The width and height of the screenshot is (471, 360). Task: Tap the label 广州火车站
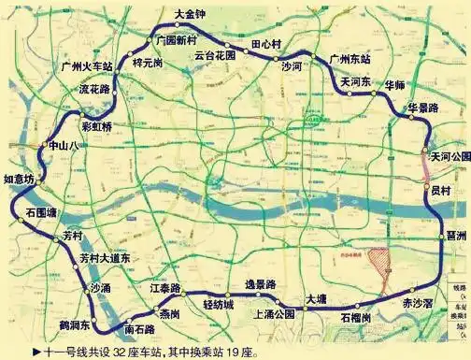coord(87,67)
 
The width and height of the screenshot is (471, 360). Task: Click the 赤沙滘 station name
coord(418,304)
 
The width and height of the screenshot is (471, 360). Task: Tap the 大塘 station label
coord(315,298)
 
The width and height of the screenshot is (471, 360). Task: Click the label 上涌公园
coord(275,314)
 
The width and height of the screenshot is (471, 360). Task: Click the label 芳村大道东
coord(105,257)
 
